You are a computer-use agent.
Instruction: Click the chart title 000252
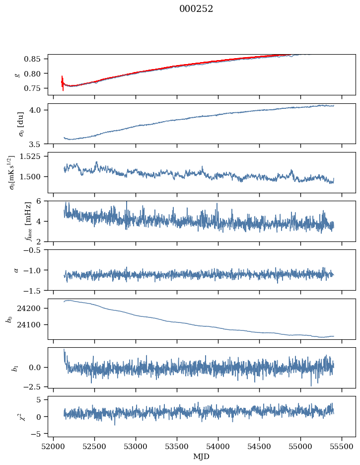[196, 9]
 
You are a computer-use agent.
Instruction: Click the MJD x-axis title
[201, 457]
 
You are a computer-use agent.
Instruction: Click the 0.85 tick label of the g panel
[32, 59]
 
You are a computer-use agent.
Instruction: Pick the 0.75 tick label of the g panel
[32, 88]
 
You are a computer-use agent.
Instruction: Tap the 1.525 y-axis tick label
[30, 156]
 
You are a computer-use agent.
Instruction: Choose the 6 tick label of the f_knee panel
[38, 201]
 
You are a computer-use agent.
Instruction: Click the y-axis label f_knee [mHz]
[28, 221]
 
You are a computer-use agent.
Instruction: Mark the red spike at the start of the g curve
[63, 83]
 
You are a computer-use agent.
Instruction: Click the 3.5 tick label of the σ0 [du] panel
[36, 145]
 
